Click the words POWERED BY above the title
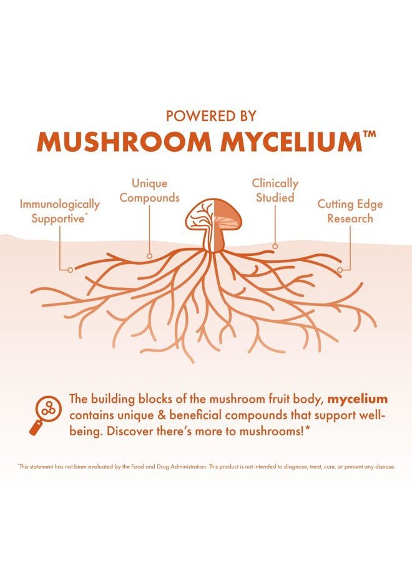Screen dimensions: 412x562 (x=211, y=116)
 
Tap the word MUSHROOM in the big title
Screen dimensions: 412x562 (x=124, y=142)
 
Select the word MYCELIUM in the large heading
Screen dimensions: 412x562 (x=291, y=142)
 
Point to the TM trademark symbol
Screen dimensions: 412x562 (x=370, y=134)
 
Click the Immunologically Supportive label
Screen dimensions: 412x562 (x=59, y=211)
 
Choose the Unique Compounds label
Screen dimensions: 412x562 (x=149, y=190)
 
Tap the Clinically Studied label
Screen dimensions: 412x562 (x=275, y=190)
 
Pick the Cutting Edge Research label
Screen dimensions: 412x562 (x=350, y=211)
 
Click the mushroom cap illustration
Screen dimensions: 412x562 (x=213, y=215)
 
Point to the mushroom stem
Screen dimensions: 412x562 (x=213, y=239)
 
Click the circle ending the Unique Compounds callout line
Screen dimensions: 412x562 (x=149, y=256)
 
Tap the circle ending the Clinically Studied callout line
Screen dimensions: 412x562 (x=275, y=246)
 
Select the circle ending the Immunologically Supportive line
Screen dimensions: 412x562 (x=70, y=270)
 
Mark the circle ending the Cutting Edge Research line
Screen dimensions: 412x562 (x=340, y=270)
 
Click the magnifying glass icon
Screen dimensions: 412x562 (x=45, y=415)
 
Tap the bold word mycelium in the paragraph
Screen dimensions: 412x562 (x=358, y=399)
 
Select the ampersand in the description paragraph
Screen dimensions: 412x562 (x=160, y=415)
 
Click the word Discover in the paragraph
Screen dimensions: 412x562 (x=130, y=431)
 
